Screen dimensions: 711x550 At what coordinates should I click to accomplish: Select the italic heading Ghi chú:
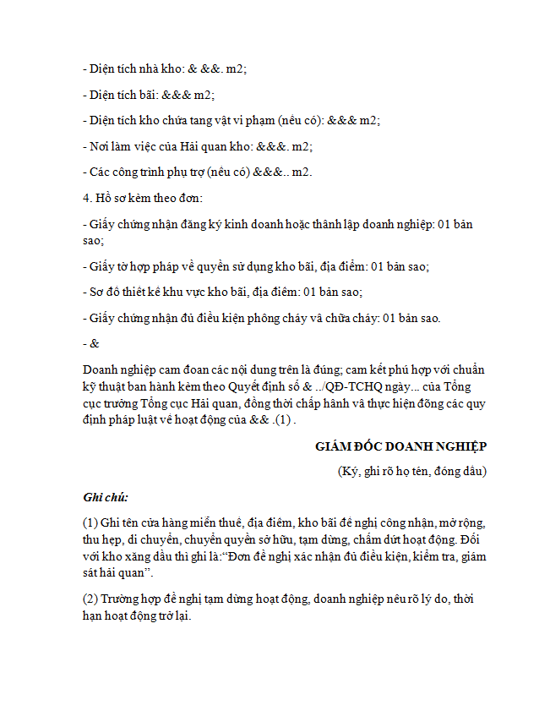point(106,496)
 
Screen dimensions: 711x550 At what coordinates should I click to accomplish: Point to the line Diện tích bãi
point(149,95)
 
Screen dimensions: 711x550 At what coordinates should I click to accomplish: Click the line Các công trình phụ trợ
point(198,172)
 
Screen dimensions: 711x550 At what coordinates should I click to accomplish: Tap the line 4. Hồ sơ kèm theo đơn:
point(143,198)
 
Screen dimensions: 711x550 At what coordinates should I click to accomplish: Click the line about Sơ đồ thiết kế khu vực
point(222,292)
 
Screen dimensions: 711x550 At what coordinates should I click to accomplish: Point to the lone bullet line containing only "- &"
point(91,343)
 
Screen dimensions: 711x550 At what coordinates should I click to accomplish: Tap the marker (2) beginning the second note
point(91,599)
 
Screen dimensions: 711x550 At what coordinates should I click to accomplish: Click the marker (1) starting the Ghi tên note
point(91,522)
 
